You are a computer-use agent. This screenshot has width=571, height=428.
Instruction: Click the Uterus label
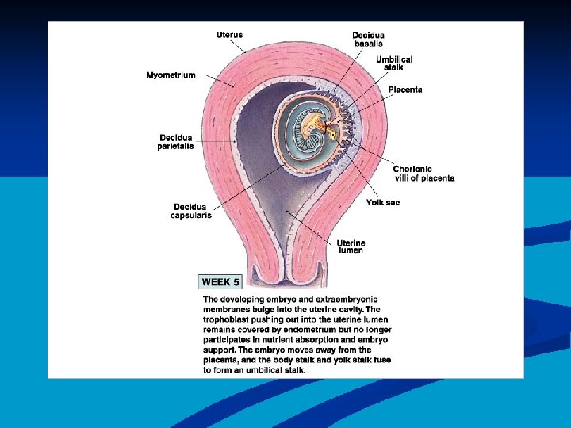point(230,35)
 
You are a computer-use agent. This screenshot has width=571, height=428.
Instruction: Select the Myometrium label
point(171,75)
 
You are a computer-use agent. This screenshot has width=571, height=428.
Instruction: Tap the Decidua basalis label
point(369,39)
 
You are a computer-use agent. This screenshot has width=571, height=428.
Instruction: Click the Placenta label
point(405,90)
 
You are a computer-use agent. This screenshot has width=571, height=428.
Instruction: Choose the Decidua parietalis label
point(176,141)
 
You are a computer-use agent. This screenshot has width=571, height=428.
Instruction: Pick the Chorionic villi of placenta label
point(423,174)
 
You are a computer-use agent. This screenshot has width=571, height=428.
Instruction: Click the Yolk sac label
point(383,203)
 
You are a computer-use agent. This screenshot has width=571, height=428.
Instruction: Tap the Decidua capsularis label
point(191,212)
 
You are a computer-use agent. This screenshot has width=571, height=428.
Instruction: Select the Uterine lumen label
point(350,246)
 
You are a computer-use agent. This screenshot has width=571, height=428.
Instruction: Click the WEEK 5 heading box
point(220,281)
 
